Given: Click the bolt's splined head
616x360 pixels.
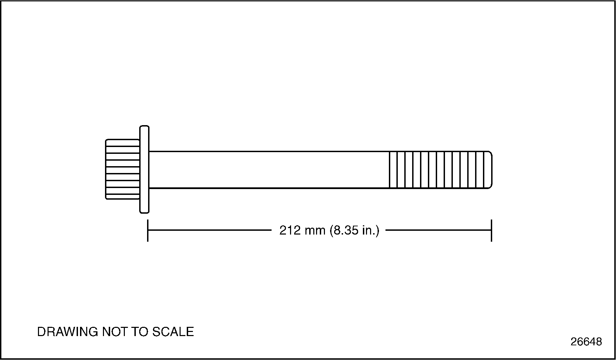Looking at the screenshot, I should click(x=122, y=169).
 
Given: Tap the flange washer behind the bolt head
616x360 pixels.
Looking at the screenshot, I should click(x=144, y=169).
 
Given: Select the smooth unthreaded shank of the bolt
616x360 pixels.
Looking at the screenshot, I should click(x=268, y=170).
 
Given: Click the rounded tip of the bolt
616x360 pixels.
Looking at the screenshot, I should click(x=490, y=170).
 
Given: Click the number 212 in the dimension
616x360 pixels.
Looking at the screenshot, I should click(x=290, y=230).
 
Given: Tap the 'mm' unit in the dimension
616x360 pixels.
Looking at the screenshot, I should click(x=315, y=231).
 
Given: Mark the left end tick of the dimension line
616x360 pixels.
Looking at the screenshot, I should click(x=148, y=230).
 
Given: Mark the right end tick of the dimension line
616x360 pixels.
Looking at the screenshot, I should click(x=492, y=230).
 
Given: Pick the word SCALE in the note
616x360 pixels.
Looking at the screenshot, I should click(x=173, y=332).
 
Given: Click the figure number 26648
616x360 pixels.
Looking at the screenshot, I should click(x=586, y=342).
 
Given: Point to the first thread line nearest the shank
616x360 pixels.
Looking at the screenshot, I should click(x=390, y=170).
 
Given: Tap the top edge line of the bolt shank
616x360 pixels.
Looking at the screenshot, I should click(x=268, y=151).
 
